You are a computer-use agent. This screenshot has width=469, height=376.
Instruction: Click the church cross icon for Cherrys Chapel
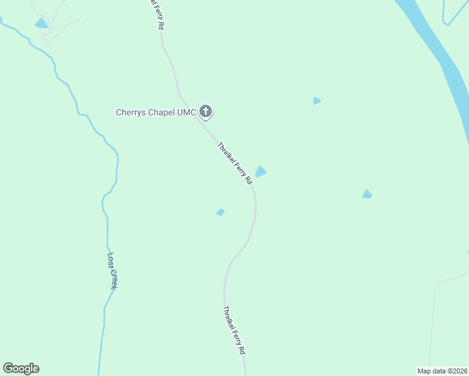(206, 112)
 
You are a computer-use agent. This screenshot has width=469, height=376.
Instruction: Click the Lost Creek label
(112, 270)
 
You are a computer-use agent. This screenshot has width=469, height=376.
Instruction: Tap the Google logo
(21, 368)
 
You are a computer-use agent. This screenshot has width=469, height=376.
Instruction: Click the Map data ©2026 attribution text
(442, 371)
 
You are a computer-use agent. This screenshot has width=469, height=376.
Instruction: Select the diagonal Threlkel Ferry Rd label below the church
(234, 163)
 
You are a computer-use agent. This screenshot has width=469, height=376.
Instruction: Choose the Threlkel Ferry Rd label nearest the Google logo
(233, 330)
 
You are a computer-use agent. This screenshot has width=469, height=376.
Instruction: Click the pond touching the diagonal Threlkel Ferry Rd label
(261, 172)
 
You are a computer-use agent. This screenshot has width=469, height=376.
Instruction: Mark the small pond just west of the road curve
(220, 212)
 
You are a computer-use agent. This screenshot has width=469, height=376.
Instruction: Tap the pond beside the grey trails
(41, 24)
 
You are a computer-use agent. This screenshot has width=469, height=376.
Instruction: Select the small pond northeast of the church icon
(317, 101)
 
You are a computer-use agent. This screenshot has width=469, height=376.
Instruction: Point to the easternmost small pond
(367, 194)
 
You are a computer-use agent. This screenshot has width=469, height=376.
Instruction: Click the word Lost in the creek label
(110, 259)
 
